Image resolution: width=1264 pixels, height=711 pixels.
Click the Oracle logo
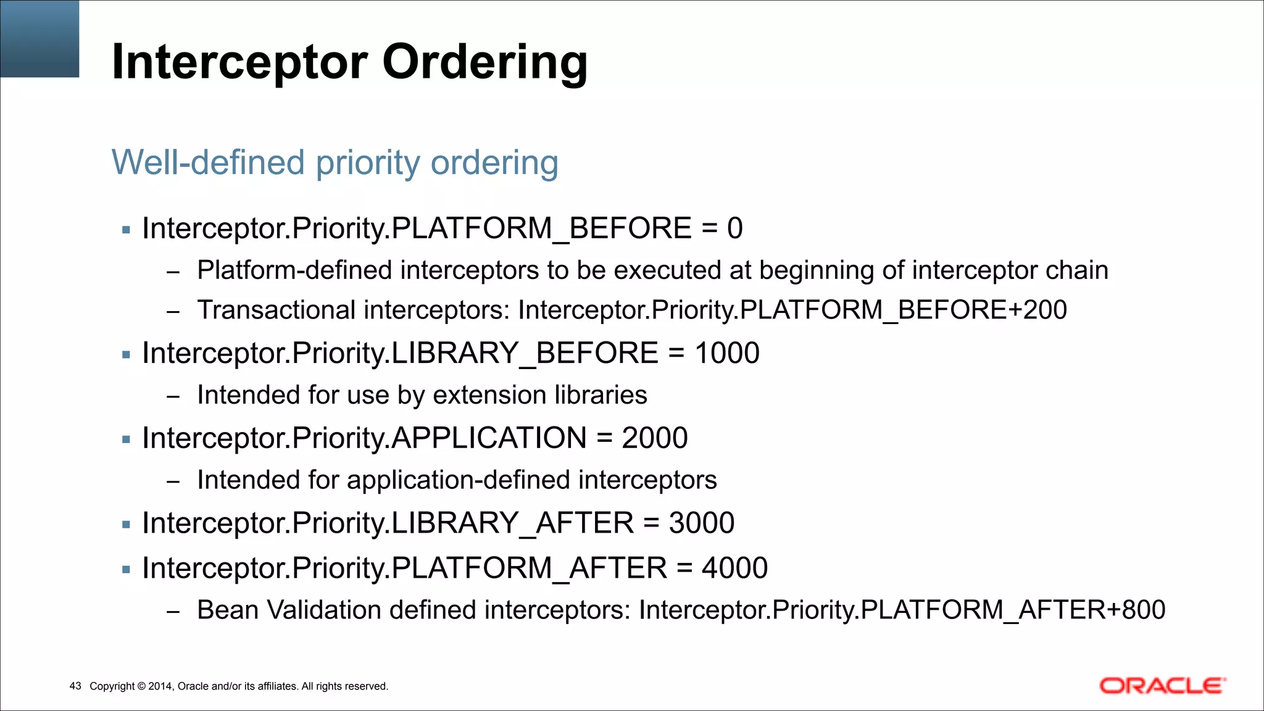(x=1162, y=686)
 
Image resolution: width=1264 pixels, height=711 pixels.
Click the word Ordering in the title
(x=485, y=62)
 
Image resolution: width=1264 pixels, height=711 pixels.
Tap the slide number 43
(x=75, y=686)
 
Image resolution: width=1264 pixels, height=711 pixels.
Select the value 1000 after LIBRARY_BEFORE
(x=727, y=353)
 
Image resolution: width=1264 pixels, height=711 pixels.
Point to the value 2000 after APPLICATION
(x=654, y=438)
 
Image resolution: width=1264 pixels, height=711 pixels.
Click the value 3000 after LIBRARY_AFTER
(x=702, y=523)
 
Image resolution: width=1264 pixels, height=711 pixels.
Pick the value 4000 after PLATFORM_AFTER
(x=734, y=568)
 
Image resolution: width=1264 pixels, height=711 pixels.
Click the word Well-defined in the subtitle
(x=209, y=162)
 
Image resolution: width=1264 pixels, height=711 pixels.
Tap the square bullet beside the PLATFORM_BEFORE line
(x=127, y=230)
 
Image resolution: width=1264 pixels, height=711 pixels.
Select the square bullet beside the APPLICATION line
(x=127, y=440)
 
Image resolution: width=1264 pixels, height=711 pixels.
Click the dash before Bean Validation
(x=173, y=612)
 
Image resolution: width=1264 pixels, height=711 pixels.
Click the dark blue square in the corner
(x=39, y=38)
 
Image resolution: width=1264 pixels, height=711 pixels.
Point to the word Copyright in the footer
(x=112, y=686)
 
